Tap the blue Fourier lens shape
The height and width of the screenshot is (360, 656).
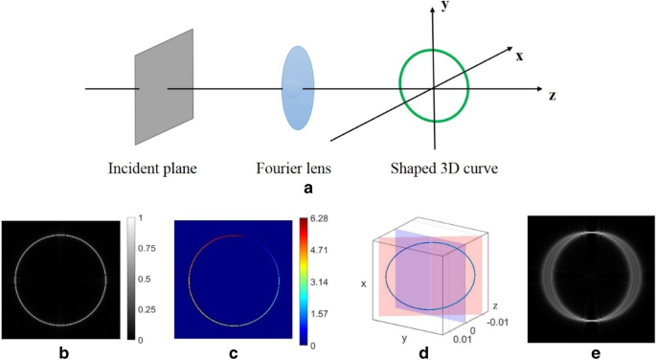coord(298,87)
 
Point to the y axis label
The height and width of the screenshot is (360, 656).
coord(446,7)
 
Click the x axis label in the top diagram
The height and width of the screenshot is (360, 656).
coord(519,56)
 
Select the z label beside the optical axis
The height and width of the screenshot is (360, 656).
coord(553,96)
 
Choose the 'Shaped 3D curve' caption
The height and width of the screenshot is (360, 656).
coord(435,169)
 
